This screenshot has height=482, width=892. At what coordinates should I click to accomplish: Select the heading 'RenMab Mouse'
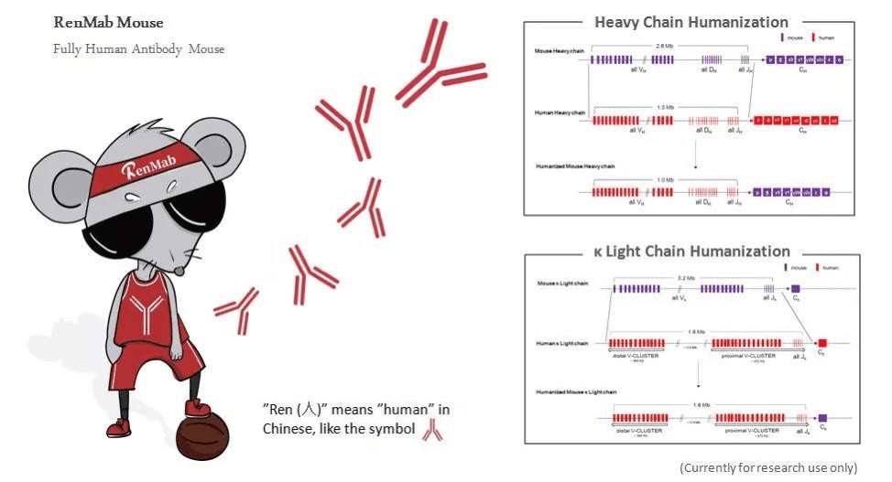pos(108,22)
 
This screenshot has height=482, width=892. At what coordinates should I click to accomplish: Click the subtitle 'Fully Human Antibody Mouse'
pos(137,48)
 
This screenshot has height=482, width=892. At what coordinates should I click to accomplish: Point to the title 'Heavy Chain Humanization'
pos(691,22)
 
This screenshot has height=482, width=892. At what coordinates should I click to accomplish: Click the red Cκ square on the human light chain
pos(822,343)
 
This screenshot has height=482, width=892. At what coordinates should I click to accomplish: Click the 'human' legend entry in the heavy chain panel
pos(826,37)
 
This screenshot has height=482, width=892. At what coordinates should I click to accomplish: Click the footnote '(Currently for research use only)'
pos(767,467)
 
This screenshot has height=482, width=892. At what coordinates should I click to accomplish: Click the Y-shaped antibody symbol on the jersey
pos(144,316)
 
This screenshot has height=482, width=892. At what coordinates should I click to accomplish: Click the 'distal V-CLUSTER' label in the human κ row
pos(635,355)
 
